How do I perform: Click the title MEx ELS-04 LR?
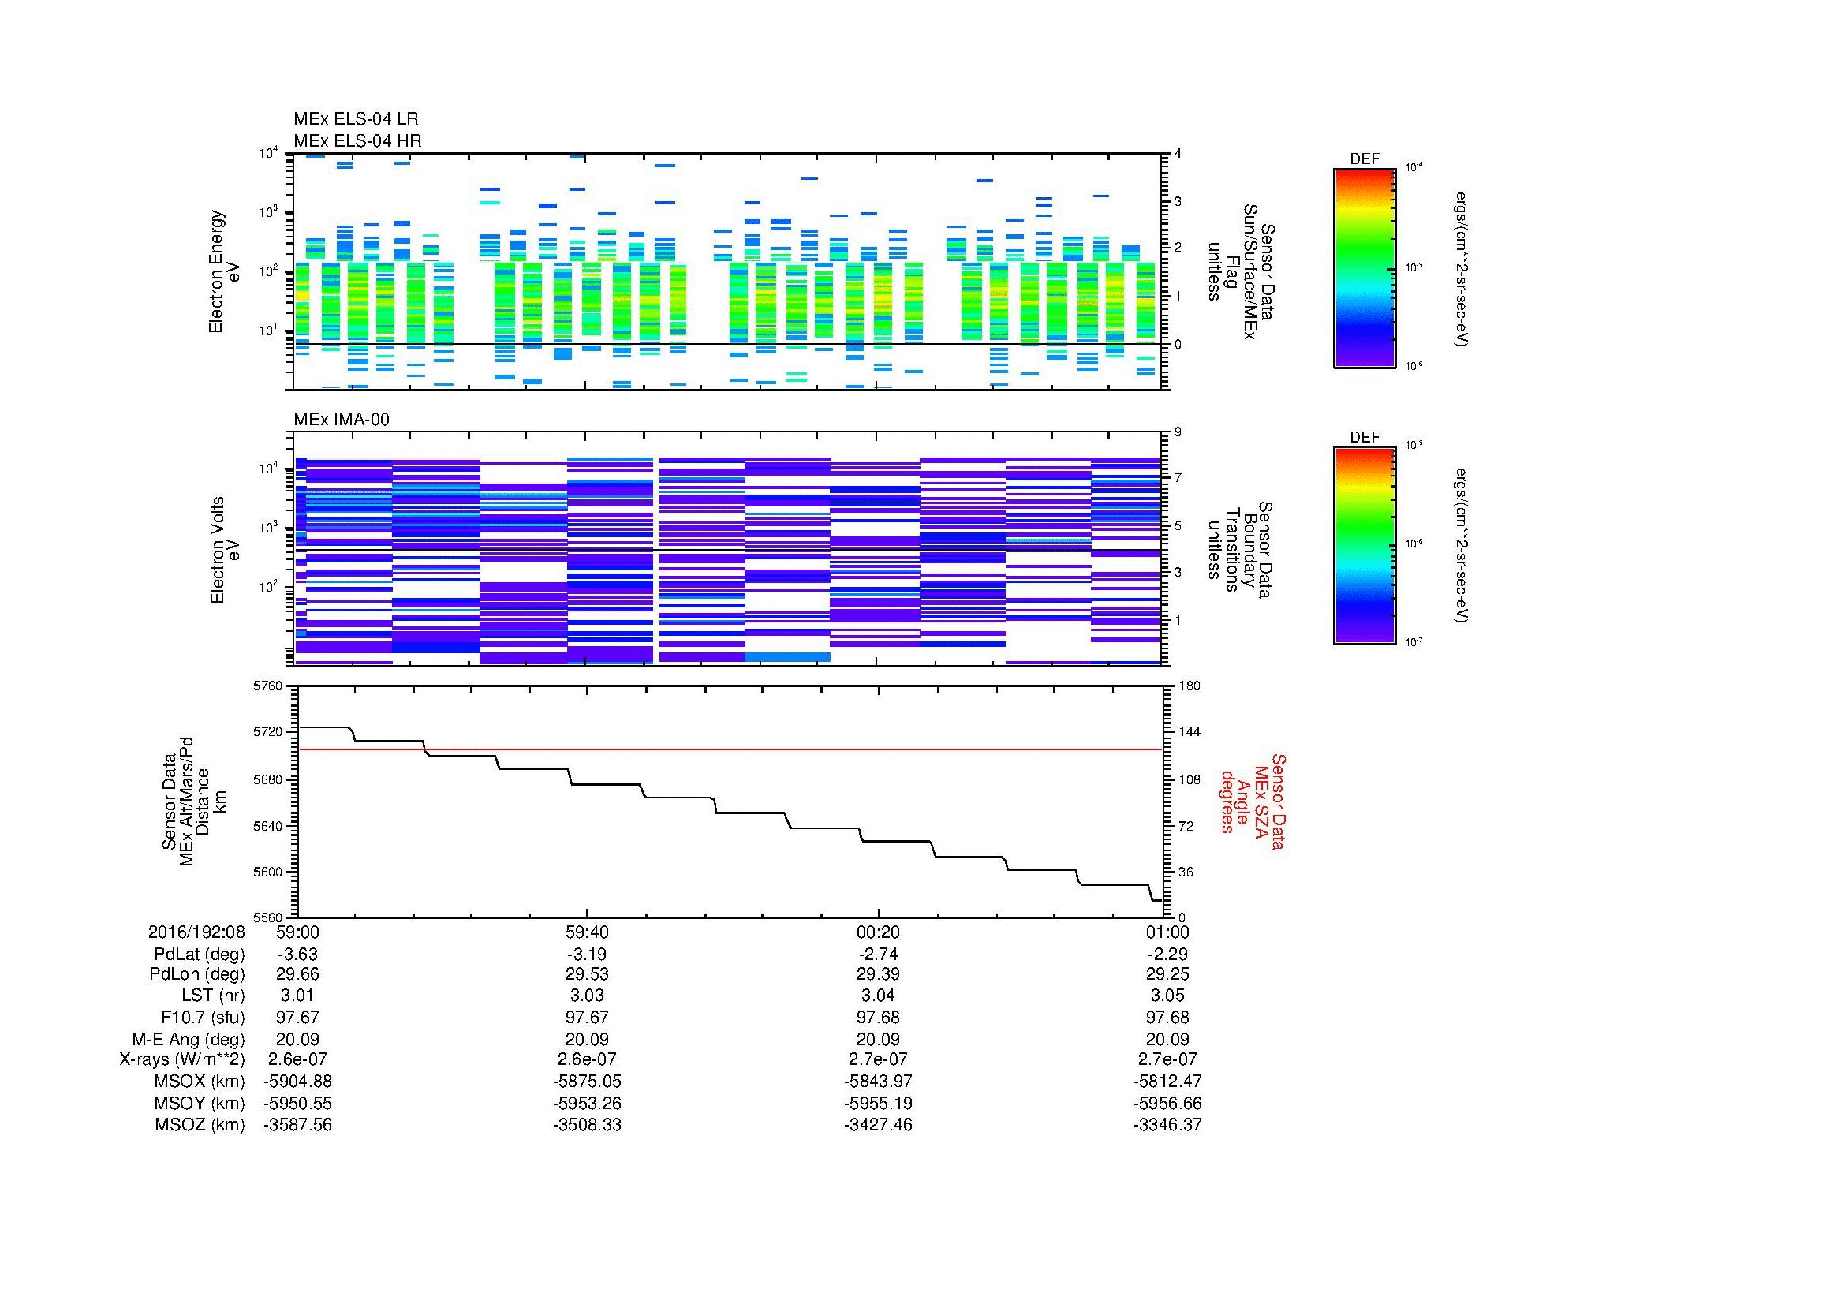coord(355,119)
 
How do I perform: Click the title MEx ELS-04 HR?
coord(357,140)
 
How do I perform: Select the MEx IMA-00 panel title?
coord(341,420)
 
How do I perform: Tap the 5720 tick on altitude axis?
coord(267,732)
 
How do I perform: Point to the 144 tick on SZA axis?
coord(1189,732)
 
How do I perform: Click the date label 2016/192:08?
coord(196,932)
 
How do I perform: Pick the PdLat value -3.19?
coord(587,955)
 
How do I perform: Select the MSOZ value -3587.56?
coord(297,1125)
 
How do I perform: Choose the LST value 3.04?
coord(877,996)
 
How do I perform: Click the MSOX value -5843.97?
coord(877,1082)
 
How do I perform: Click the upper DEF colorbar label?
coord(1364,159)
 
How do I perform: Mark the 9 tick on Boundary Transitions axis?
coord(1178,432)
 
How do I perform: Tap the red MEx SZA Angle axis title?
coord(1252,801)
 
